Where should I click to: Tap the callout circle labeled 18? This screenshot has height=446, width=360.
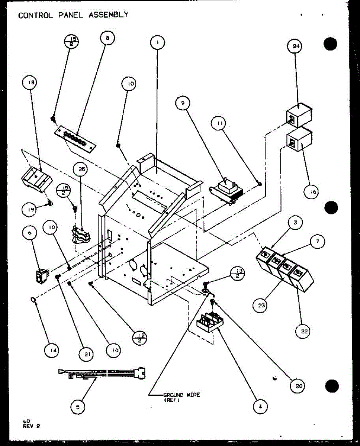pyautogui.click(x=30, y=84)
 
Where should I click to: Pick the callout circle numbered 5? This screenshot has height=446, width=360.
pyautogui.click(x=78, y=406)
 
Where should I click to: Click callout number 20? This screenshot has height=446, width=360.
pyautogui.click(x=299, y=386)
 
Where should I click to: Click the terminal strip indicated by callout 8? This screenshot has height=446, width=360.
pyautogui.click(x=76, y=137)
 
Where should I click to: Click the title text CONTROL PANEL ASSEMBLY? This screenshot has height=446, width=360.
pyautogui.click(x=73, y=15)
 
